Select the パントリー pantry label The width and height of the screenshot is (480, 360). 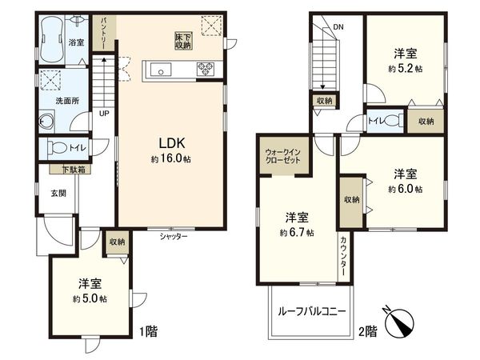[x=104, y=31]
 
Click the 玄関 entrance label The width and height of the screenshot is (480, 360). [x=58, y=193]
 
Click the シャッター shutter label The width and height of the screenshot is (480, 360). [x=173, y=236]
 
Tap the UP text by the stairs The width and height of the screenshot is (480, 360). [x=104, y=113]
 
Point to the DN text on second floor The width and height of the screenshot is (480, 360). [x=338, y=26]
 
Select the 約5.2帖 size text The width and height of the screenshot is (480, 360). [x=404, y=70]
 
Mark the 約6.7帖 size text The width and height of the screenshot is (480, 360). [x=296, y=233]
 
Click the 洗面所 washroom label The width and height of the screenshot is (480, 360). [x=66, y=102]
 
